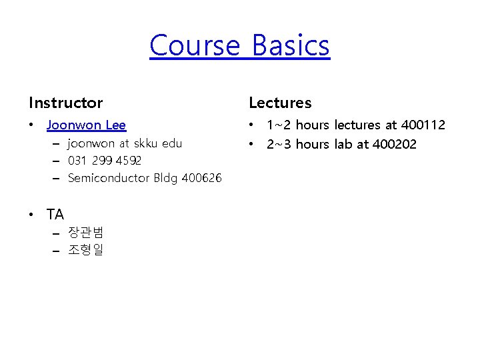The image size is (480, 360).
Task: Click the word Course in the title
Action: point(194,46)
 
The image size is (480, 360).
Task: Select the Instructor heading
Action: point(66,103)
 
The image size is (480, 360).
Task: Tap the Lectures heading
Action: point(280,103)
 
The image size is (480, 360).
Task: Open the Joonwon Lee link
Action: point(86,125)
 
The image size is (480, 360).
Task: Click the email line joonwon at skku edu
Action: point(125,143)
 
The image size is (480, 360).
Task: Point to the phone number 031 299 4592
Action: point(105,161)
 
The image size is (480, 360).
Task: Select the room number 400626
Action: point(200,178)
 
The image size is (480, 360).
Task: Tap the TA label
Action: point(55,215)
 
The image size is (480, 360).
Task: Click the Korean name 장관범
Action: point(85,233)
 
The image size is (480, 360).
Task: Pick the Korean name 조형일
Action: point(85,250)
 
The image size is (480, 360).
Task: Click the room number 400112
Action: point(423,125)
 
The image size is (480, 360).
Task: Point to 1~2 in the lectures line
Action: point(279,125)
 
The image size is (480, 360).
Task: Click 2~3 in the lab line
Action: point(279,144)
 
